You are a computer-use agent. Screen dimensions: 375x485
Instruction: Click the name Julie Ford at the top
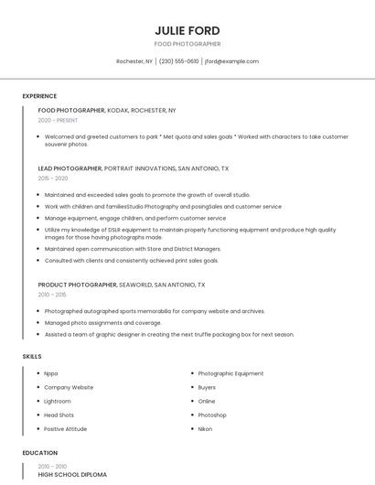[187, 30]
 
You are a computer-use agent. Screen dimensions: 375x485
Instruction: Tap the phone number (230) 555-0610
[178, 61]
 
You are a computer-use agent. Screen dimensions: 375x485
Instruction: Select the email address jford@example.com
[231, 61]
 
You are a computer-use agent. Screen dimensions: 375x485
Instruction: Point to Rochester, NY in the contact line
[134, 61]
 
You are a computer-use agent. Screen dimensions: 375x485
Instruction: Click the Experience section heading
[39, 96]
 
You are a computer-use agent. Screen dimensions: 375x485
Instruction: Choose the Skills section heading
[31, 356]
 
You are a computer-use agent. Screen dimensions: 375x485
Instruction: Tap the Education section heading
[39, 453]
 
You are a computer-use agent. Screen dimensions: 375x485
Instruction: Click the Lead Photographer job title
[70, 169]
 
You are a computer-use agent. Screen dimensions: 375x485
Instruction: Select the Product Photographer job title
[77, 285]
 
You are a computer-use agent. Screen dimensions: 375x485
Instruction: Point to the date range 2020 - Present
[58, 120]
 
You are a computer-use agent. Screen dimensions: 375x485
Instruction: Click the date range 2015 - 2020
[53, 178]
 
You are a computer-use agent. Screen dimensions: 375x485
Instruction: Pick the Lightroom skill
[57, 401]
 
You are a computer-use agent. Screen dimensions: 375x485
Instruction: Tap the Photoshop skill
[212, 415]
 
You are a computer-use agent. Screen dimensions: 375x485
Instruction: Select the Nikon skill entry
[205, 428]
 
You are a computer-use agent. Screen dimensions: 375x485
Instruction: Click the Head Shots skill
[59, 415]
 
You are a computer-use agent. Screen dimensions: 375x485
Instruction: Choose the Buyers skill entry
[207, 387]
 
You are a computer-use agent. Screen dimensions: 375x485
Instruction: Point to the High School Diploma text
[72, 475]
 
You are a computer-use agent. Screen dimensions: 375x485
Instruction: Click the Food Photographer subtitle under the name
[187, 44]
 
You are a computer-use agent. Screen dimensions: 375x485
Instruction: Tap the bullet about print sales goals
[131, 260]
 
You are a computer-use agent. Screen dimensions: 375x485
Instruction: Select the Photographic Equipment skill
[230, 373]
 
